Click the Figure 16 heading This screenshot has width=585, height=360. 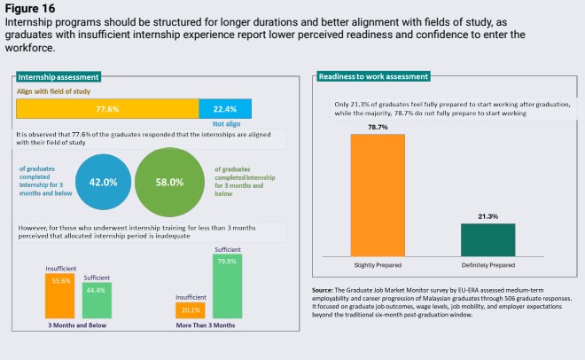31,7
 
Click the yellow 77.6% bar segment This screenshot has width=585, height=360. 107,108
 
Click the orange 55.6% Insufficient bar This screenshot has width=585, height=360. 60,296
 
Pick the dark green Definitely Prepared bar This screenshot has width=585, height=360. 487,239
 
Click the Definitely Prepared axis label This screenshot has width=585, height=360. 487,264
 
